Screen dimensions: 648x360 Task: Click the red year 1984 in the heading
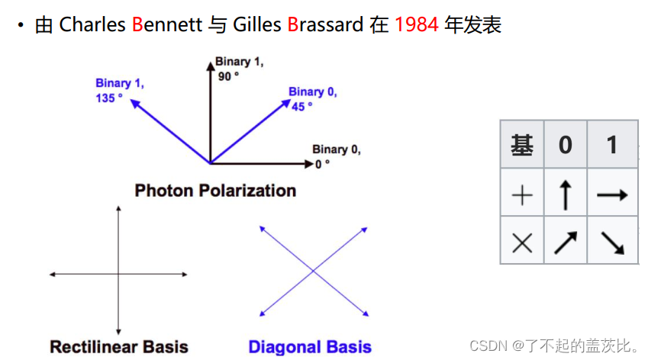[417, 24]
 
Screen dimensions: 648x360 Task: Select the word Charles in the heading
[92, 24]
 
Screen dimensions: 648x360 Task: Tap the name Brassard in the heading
[325, 24]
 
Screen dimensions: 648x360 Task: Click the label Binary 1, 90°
[239, 69]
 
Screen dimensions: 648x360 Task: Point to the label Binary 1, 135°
[119, 91]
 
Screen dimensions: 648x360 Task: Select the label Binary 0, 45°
[312, 98]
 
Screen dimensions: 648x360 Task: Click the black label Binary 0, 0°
[337, 156]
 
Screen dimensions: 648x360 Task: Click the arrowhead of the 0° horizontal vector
[310, 164]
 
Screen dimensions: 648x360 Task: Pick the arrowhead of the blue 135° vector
[135, 103]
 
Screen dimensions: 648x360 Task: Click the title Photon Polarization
[215, 191]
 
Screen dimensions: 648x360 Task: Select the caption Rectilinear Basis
[119, 347]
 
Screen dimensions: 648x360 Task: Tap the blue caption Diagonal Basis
[310, 347]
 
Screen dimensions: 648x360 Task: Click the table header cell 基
[522, 144]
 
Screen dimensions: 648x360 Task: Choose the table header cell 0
[566, 144]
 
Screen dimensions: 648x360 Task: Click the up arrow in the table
[566, 195]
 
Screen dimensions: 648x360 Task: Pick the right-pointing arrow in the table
[612, 194]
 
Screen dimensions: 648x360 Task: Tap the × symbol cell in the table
[522, 243]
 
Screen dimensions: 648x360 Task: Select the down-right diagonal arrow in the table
[612, 243]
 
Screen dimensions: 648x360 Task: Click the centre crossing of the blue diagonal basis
[313, 272]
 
